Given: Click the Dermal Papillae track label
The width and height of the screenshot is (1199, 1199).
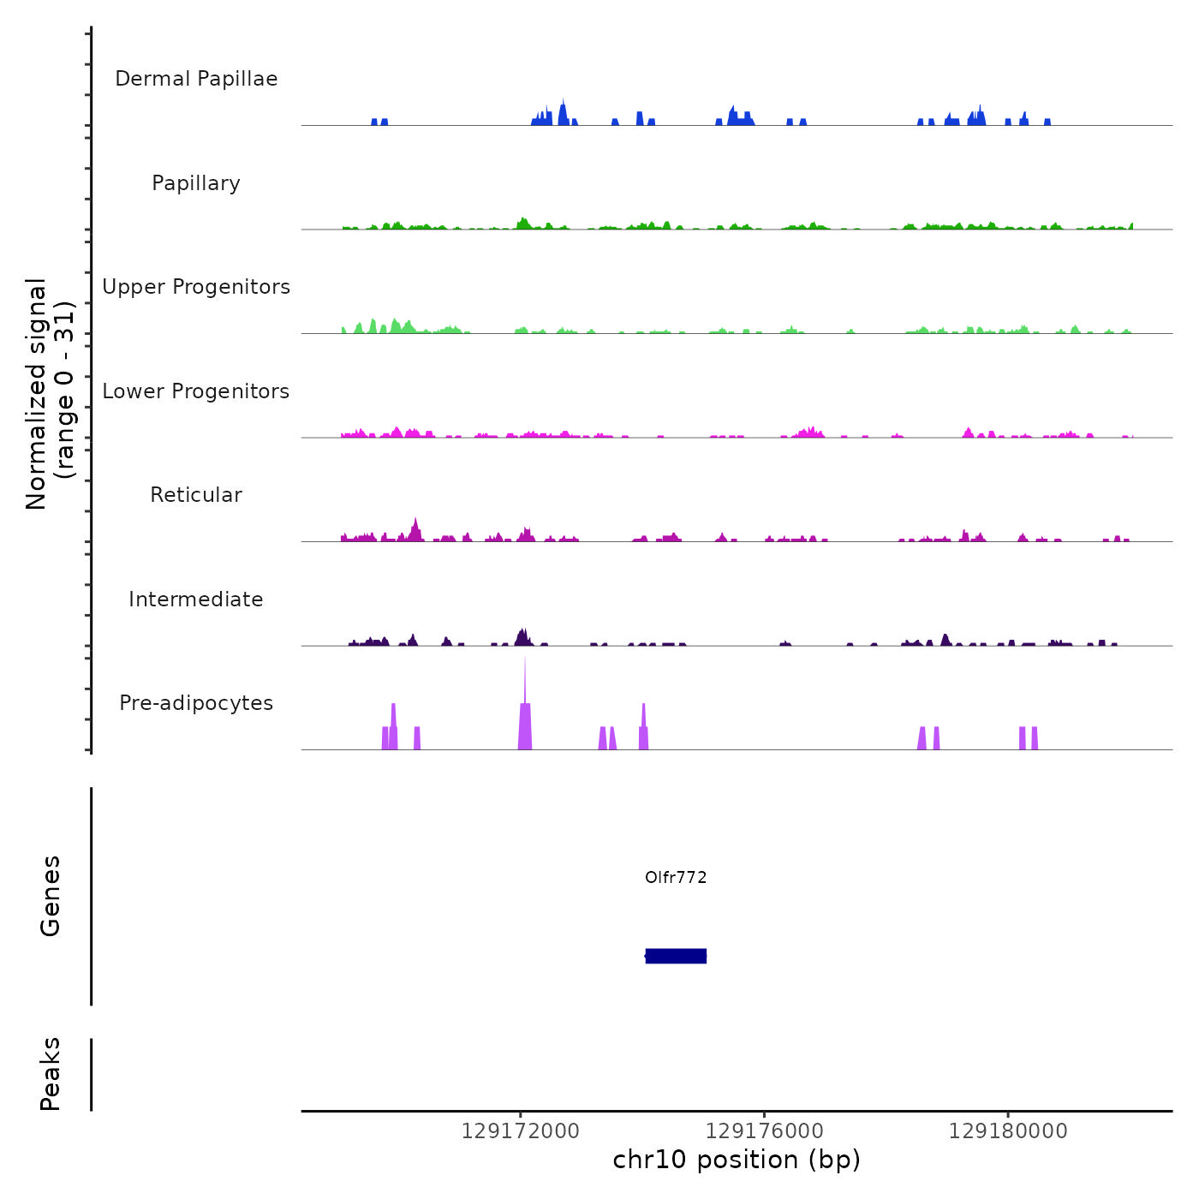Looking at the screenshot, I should click(196, 79).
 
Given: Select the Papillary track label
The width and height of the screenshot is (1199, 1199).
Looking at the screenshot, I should click(196, 183).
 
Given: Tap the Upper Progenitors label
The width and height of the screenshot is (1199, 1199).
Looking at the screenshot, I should click(196, 287).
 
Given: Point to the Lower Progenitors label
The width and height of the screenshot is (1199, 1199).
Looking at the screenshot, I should click(196, 391).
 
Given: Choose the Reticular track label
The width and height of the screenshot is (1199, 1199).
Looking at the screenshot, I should click(196, 495).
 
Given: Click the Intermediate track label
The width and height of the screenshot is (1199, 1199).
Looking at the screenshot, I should click(196, 599).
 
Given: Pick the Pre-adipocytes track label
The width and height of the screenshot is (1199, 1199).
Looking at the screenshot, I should click(196, 703).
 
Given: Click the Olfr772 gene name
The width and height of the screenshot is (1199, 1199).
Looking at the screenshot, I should click(676, 878).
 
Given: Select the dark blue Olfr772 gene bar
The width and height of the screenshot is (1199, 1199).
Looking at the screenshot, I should click(676, 956).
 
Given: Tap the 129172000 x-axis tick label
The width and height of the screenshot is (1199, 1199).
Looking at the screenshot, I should click(520, 1131).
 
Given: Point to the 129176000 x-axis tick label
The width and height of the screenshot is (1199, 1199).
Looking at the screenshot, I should click(764, 1131).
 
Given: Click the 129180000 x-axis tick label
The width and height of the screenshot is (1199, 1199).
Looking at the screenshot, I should click(1008, 1131).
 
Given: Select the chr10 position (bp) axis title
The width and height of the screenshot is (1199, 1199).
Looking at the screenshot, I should click(737, 1160).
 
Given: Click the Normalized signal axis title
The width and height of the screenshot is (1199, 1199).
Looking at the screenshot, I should click(50, 394).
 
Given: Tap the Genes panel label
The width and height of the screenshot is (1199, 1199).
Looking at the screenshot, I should click(51, 896).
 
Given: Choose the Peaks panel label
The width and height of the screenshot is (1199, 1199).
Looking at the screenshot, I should click(51, 1074).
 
